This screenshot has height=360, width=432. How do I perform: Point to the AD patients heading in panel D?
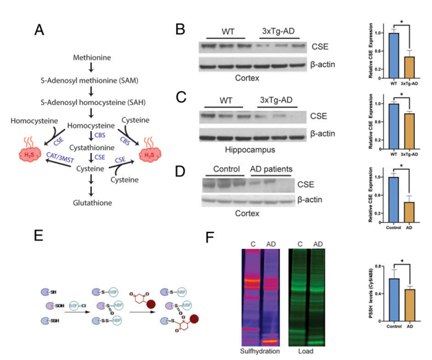click(x=271, y=169)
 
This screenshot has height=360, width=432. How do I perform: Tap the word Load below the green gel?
click(x=305, y=350)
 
